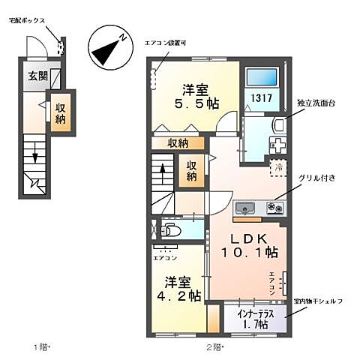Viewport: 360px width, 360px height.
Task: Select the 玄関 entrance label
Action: tap(38, 76)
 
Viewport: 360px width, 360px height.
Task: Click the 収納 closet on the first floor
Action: tap(61, 113)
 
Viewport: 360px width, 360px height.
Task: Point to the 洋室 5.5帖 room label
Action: tap(187, 95)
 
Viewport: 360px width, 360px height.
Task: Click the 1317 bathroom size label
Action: tap(261, 97)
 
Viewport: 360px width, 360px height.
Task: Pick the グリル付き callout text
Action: tap(316, 178)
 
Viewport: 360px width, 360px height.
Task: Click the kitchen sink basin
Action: tap(245, 208)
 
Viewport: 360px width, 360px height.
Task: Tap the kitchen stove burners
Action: tap(271, 208)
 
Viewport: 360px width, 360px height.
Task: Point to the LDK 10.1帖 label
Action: tap(251, 246)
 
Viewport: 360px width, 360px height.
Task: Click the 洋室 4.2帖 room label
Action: tap(179, 289)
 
